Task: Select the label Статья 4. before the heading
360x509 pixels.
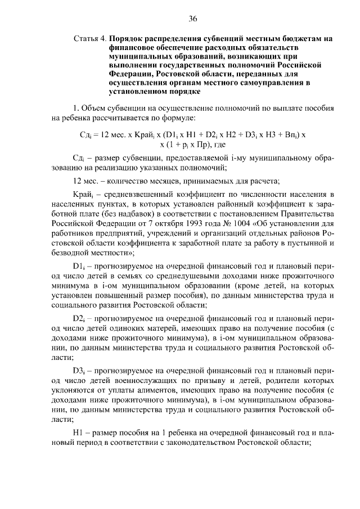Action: [x=90, y=39]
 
